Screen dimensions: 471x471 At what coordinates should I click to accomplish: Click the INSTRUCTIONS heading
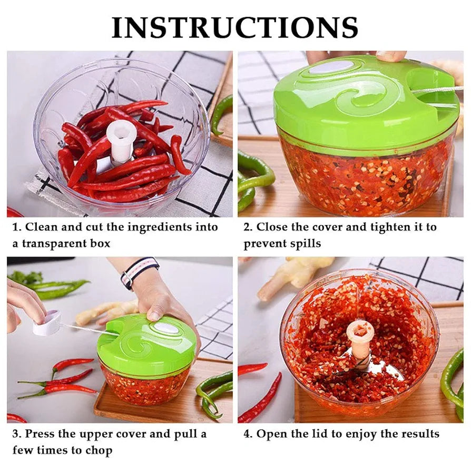pyautogui.click(x=235, y=27)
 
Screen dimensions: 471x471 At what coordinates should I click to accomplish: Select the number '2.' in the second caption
pyautogui.click(x=248, y=227)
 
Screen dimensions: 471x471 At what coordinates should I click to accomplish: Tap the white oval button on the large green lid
pyautogui.click(x=331, y=67)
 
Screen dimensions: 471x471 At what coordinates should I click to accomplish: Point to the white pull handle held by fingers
pyautogui.click(x=46, y=323)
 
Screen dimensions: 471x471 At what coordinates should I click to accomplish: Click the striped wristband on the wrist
pyautogui.click(x=139, y=271)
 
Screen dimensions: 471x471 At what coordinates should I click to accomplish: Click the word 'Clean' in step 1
pyautogui.click(x=42, y=227)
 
